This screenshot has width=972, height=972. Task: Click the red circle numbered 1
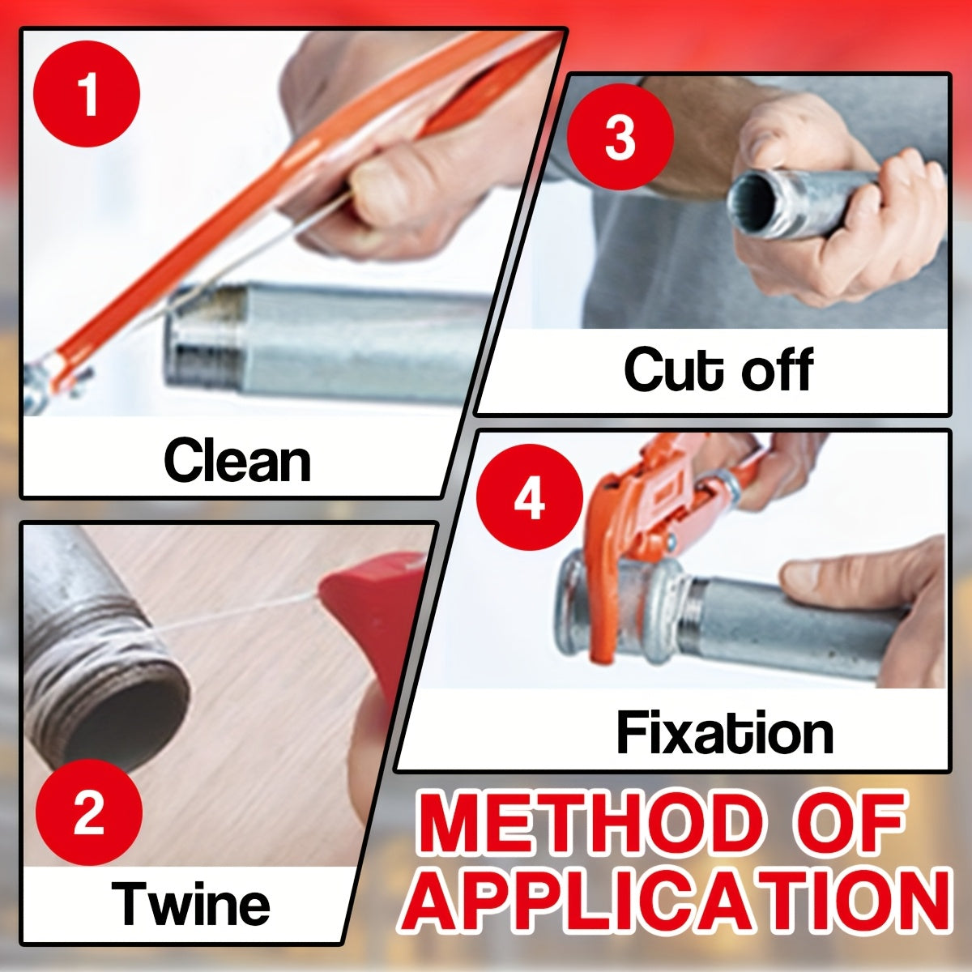coord(86,94)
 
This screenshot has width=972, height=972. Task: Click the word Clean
coord(237,460)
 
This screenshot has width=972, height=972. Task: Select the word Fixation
coord(725,733)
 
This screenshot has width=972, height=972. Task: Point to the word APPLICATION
coord(684,898)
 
